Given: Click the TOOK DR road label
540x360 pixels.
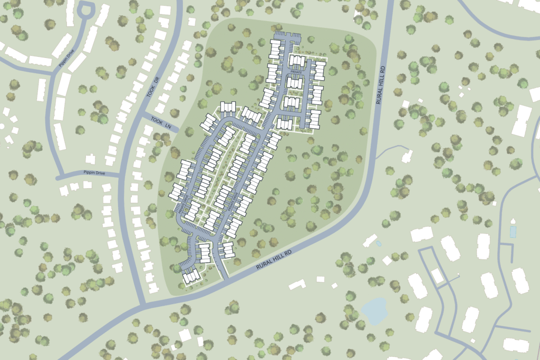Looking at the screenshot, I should [152, 86].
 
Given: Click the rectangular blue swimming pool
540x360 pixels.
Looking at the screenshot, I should [513, 232].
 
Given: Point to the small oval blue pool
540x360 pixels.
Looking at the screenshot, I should [379, 244].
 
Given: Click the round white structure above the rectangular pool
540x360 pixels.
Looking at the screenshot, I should [513, 220].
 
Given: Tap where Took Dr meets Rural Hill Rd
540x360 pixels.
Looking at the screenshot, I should [143, 304].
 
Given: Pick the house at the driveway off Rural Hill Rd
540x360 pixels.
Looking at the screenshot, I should [407, 157].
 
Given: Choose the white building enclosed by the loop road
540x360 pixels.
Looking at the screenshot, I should [437, 275].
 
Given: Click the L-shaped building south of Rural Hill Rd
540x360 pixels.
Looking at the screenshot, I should [297, 285].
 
